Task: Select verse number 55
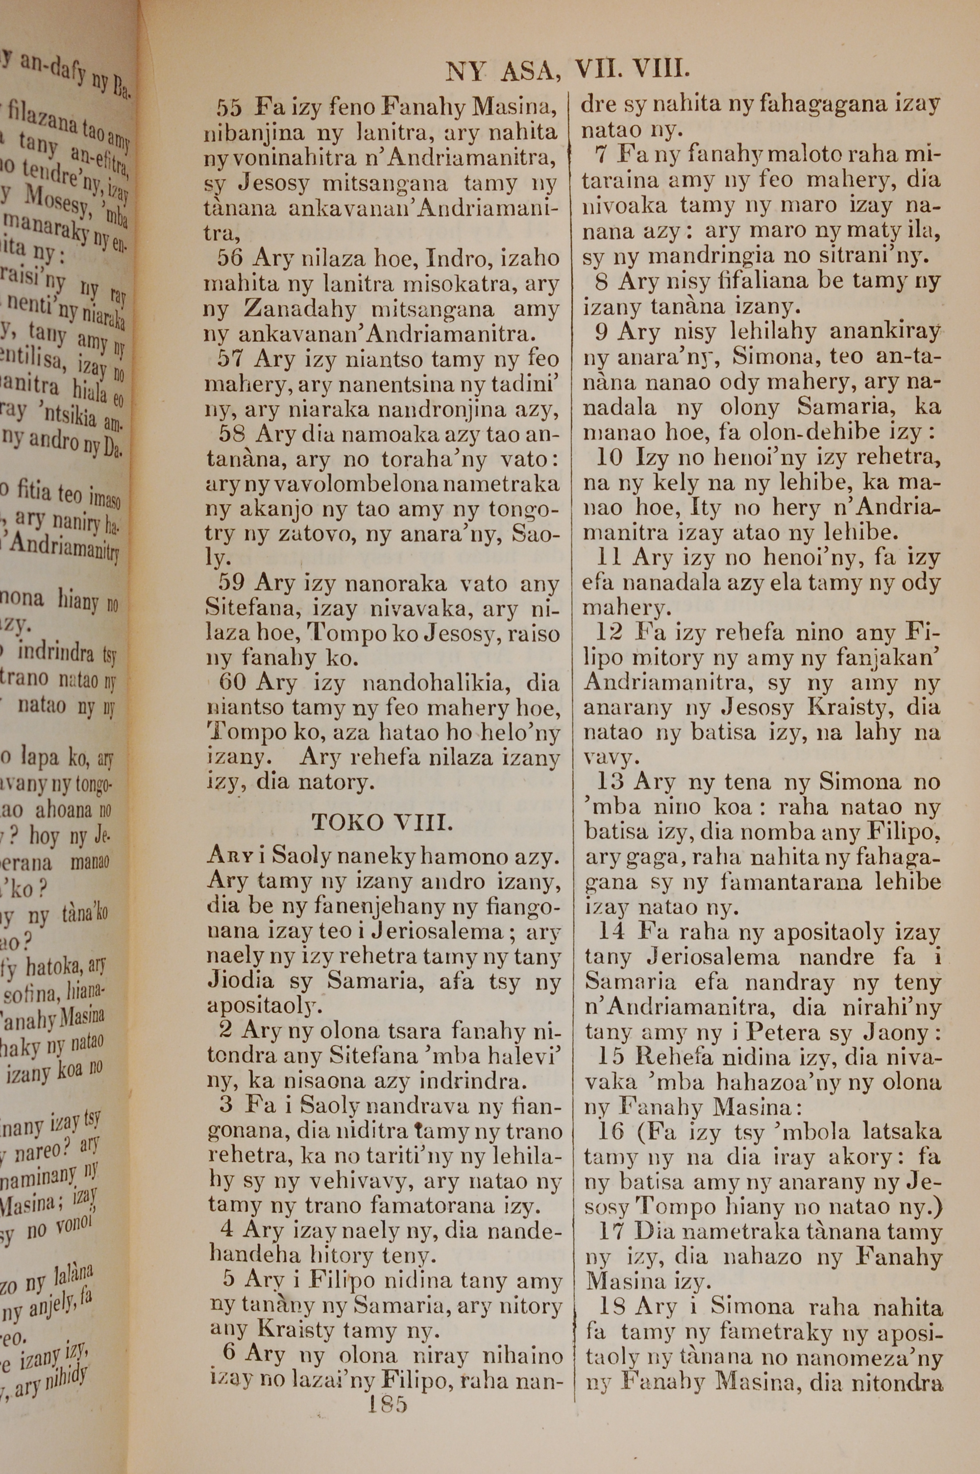coord(229,109)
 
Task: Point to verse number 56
coord(229,258)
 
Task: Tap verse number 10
coord(610,458)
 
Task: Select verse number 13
coord(610,782)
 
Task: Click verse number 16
coord(610,1131)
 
